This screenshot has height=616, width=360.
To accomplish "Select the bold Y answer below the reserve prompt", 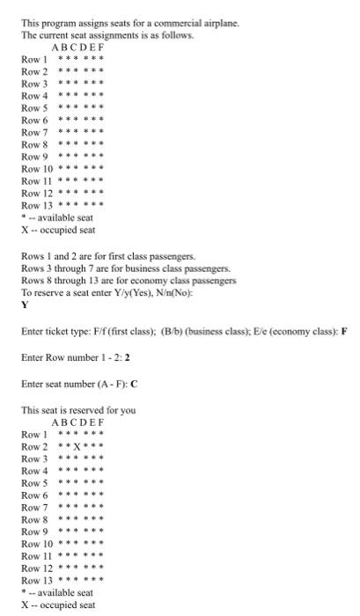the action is (25, 305).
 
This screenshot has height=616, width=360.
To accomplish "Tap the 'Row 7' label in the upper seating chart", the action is (34, 131).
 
